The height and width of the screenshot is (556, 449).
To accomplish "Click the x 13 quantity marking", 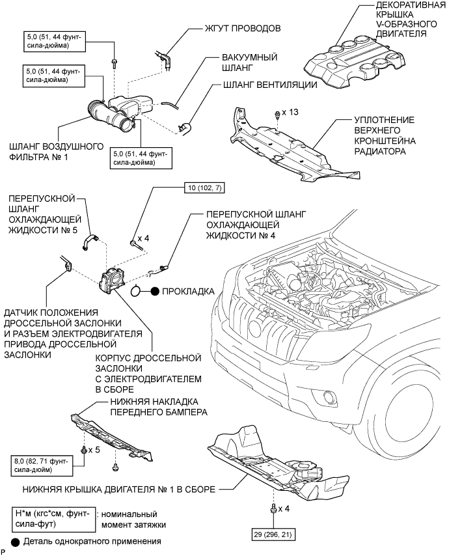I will click(290, 113).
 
